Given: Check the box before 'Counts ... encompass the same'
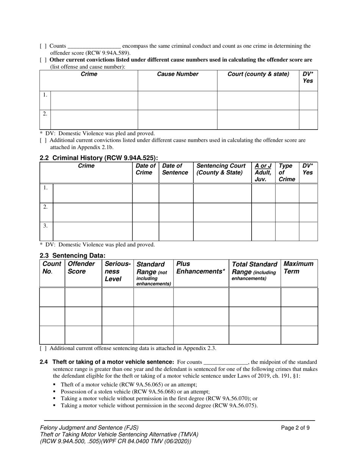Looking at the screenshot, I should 43,46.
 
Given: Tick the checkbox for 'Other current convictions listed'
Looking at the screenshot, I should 43,60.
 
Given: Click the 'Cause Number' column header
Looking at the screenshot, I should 177,74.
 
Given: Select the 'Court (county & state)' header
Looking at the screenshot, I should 258,74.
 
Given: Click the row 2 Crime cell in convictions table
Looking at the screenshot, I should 94,119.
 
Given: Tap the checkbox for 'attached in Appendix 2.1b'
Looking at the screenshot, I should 43,140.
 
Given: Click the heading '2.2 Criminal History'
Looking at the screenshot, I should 99,158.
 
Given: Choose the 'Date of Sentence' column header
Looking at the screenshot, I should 175,169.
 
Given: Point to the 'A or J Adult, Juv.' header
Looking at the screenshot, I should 263,172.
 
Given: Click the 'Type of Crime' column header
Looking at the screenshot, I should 286,172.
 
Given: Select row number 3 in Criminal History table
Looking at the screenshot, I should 45,226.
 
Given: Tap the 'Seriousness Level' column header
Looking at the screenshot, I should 117,271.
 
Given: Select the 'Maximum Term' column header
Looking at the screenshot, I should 298,267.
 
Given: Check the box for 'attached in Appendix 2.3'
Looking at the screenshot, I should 43,348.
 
